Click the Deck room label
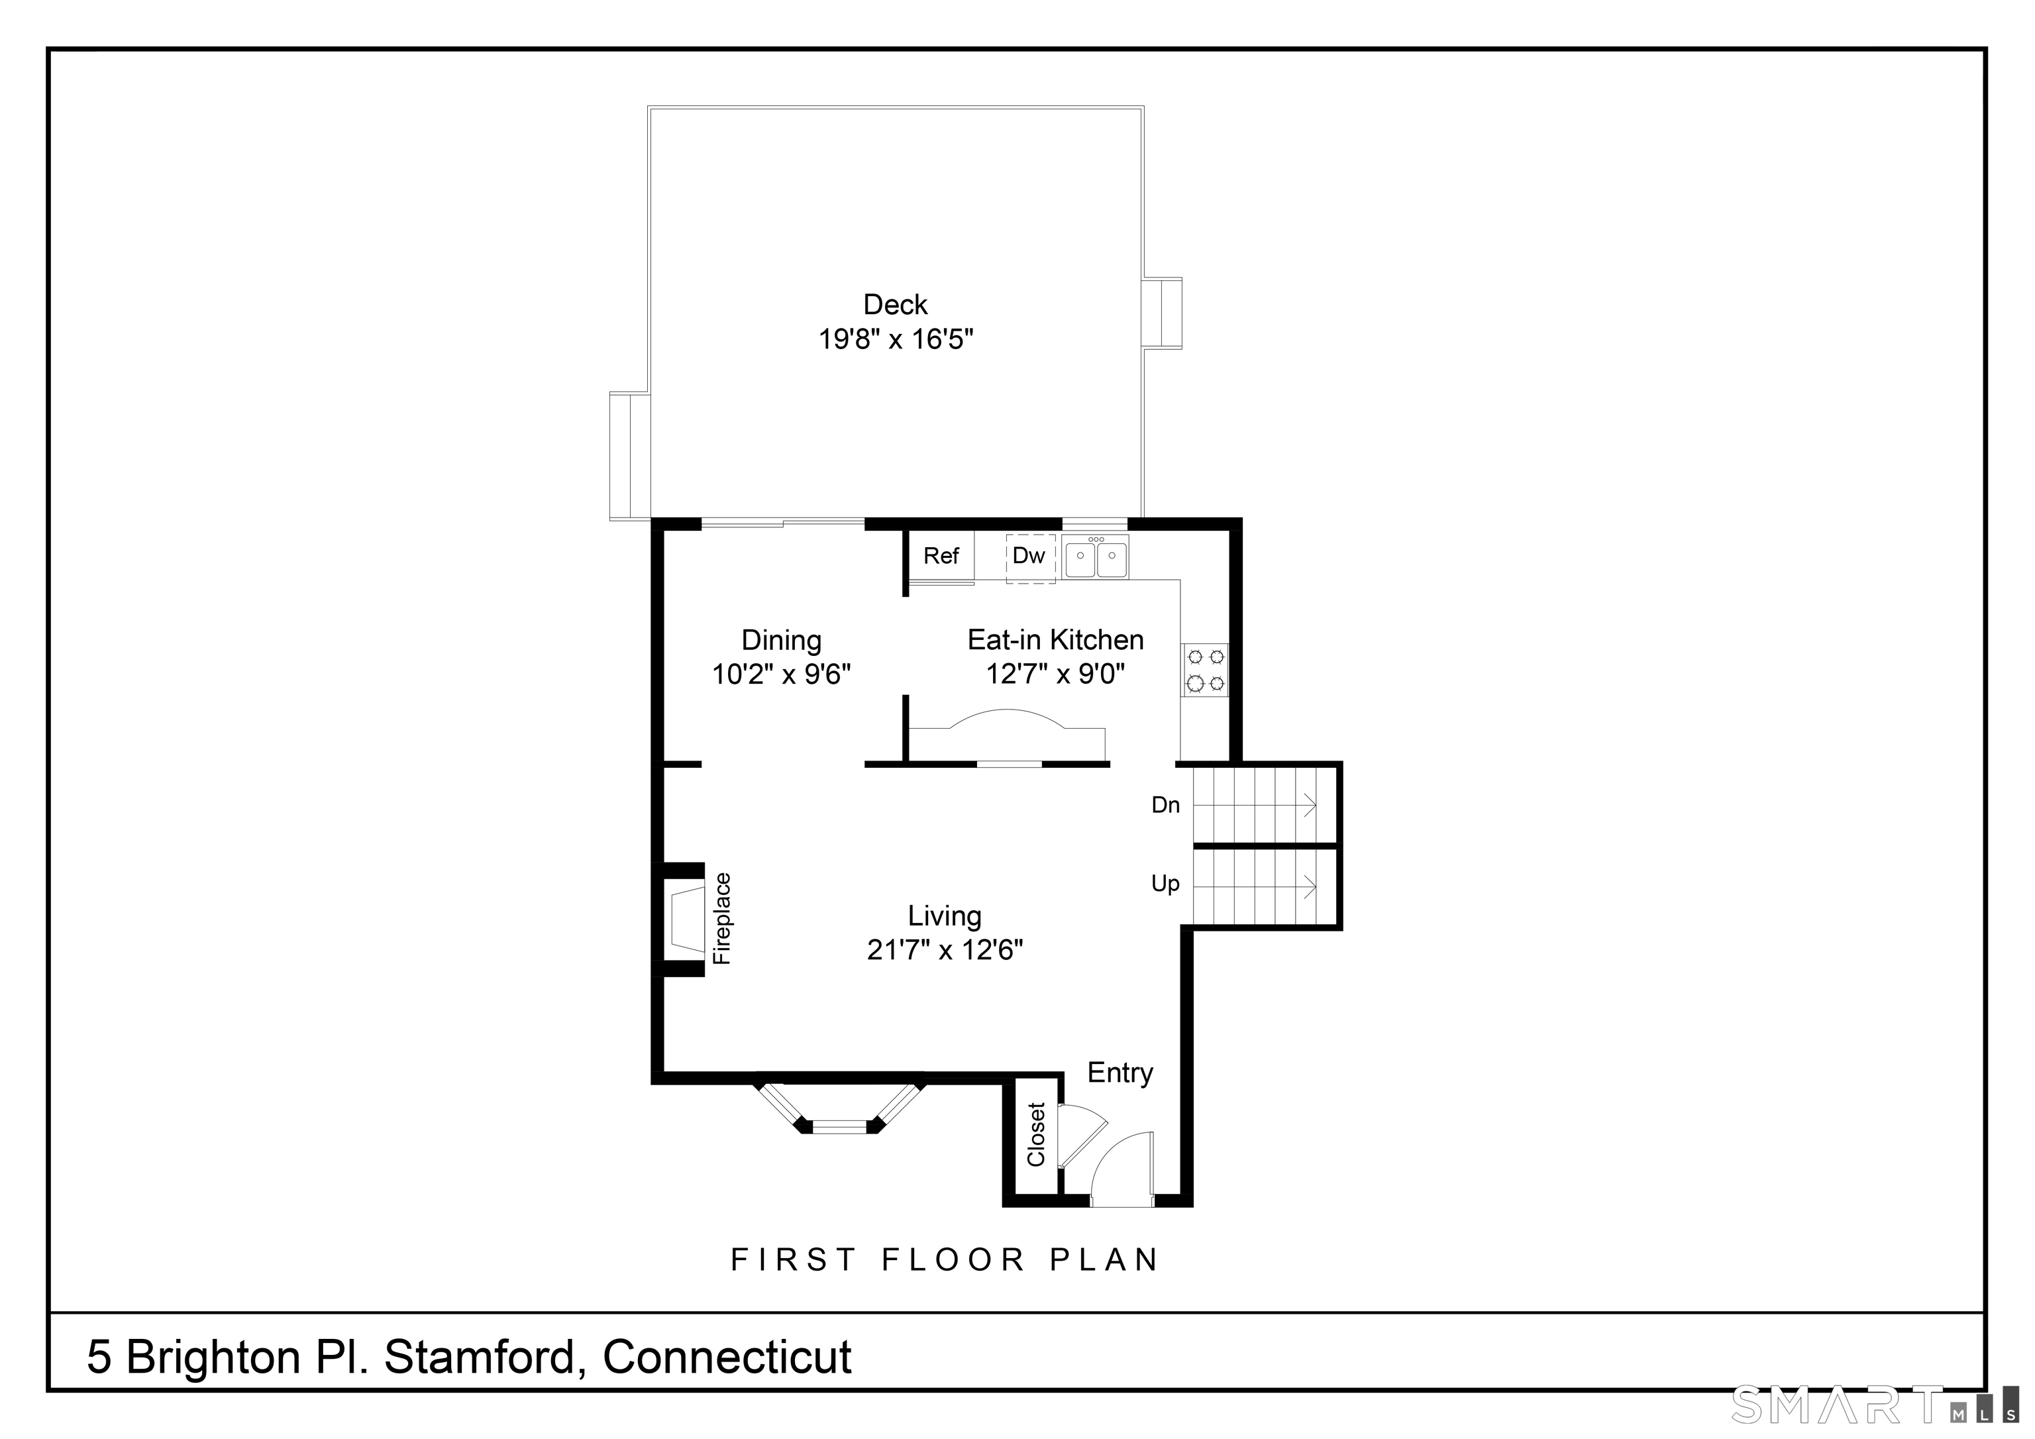895,305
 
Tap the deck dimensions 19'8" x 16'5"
895,340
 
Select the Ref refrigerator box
941,556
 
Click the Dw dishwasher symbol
1030,557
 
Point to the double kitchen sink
1096,559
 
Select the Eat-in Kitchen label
1055,639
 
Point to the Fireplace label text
722,918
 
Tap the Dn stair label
1165,805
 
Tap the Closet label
1036,1134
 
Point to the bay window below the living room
839,1106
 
